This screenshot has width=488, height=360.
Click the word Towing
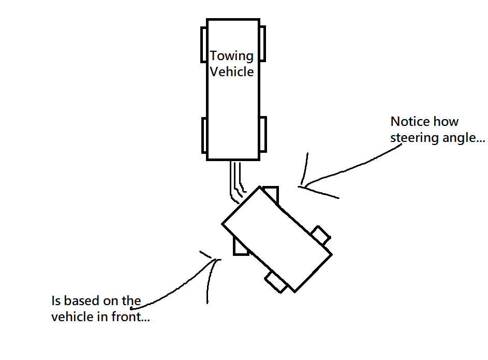click(x=231, y=56)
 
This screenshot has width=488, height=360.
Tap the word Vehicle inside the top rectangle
click(x=232, y=71)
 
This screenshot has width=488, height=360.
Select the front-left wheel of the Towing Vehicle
click(x=204, y=44)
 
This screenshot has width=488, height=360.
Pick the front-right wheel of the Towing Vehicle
click(x=262, y=44)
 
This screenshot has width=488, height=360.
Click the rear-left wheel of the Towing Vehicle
click(x=204, y=135)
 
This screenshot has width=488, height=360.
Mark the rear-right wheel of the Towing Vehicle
click(x=262, y=135)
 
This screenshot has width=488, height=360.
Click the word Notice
click(x=410, y=122)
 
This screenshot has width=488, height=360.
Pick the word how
click(x=446, y=122)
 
